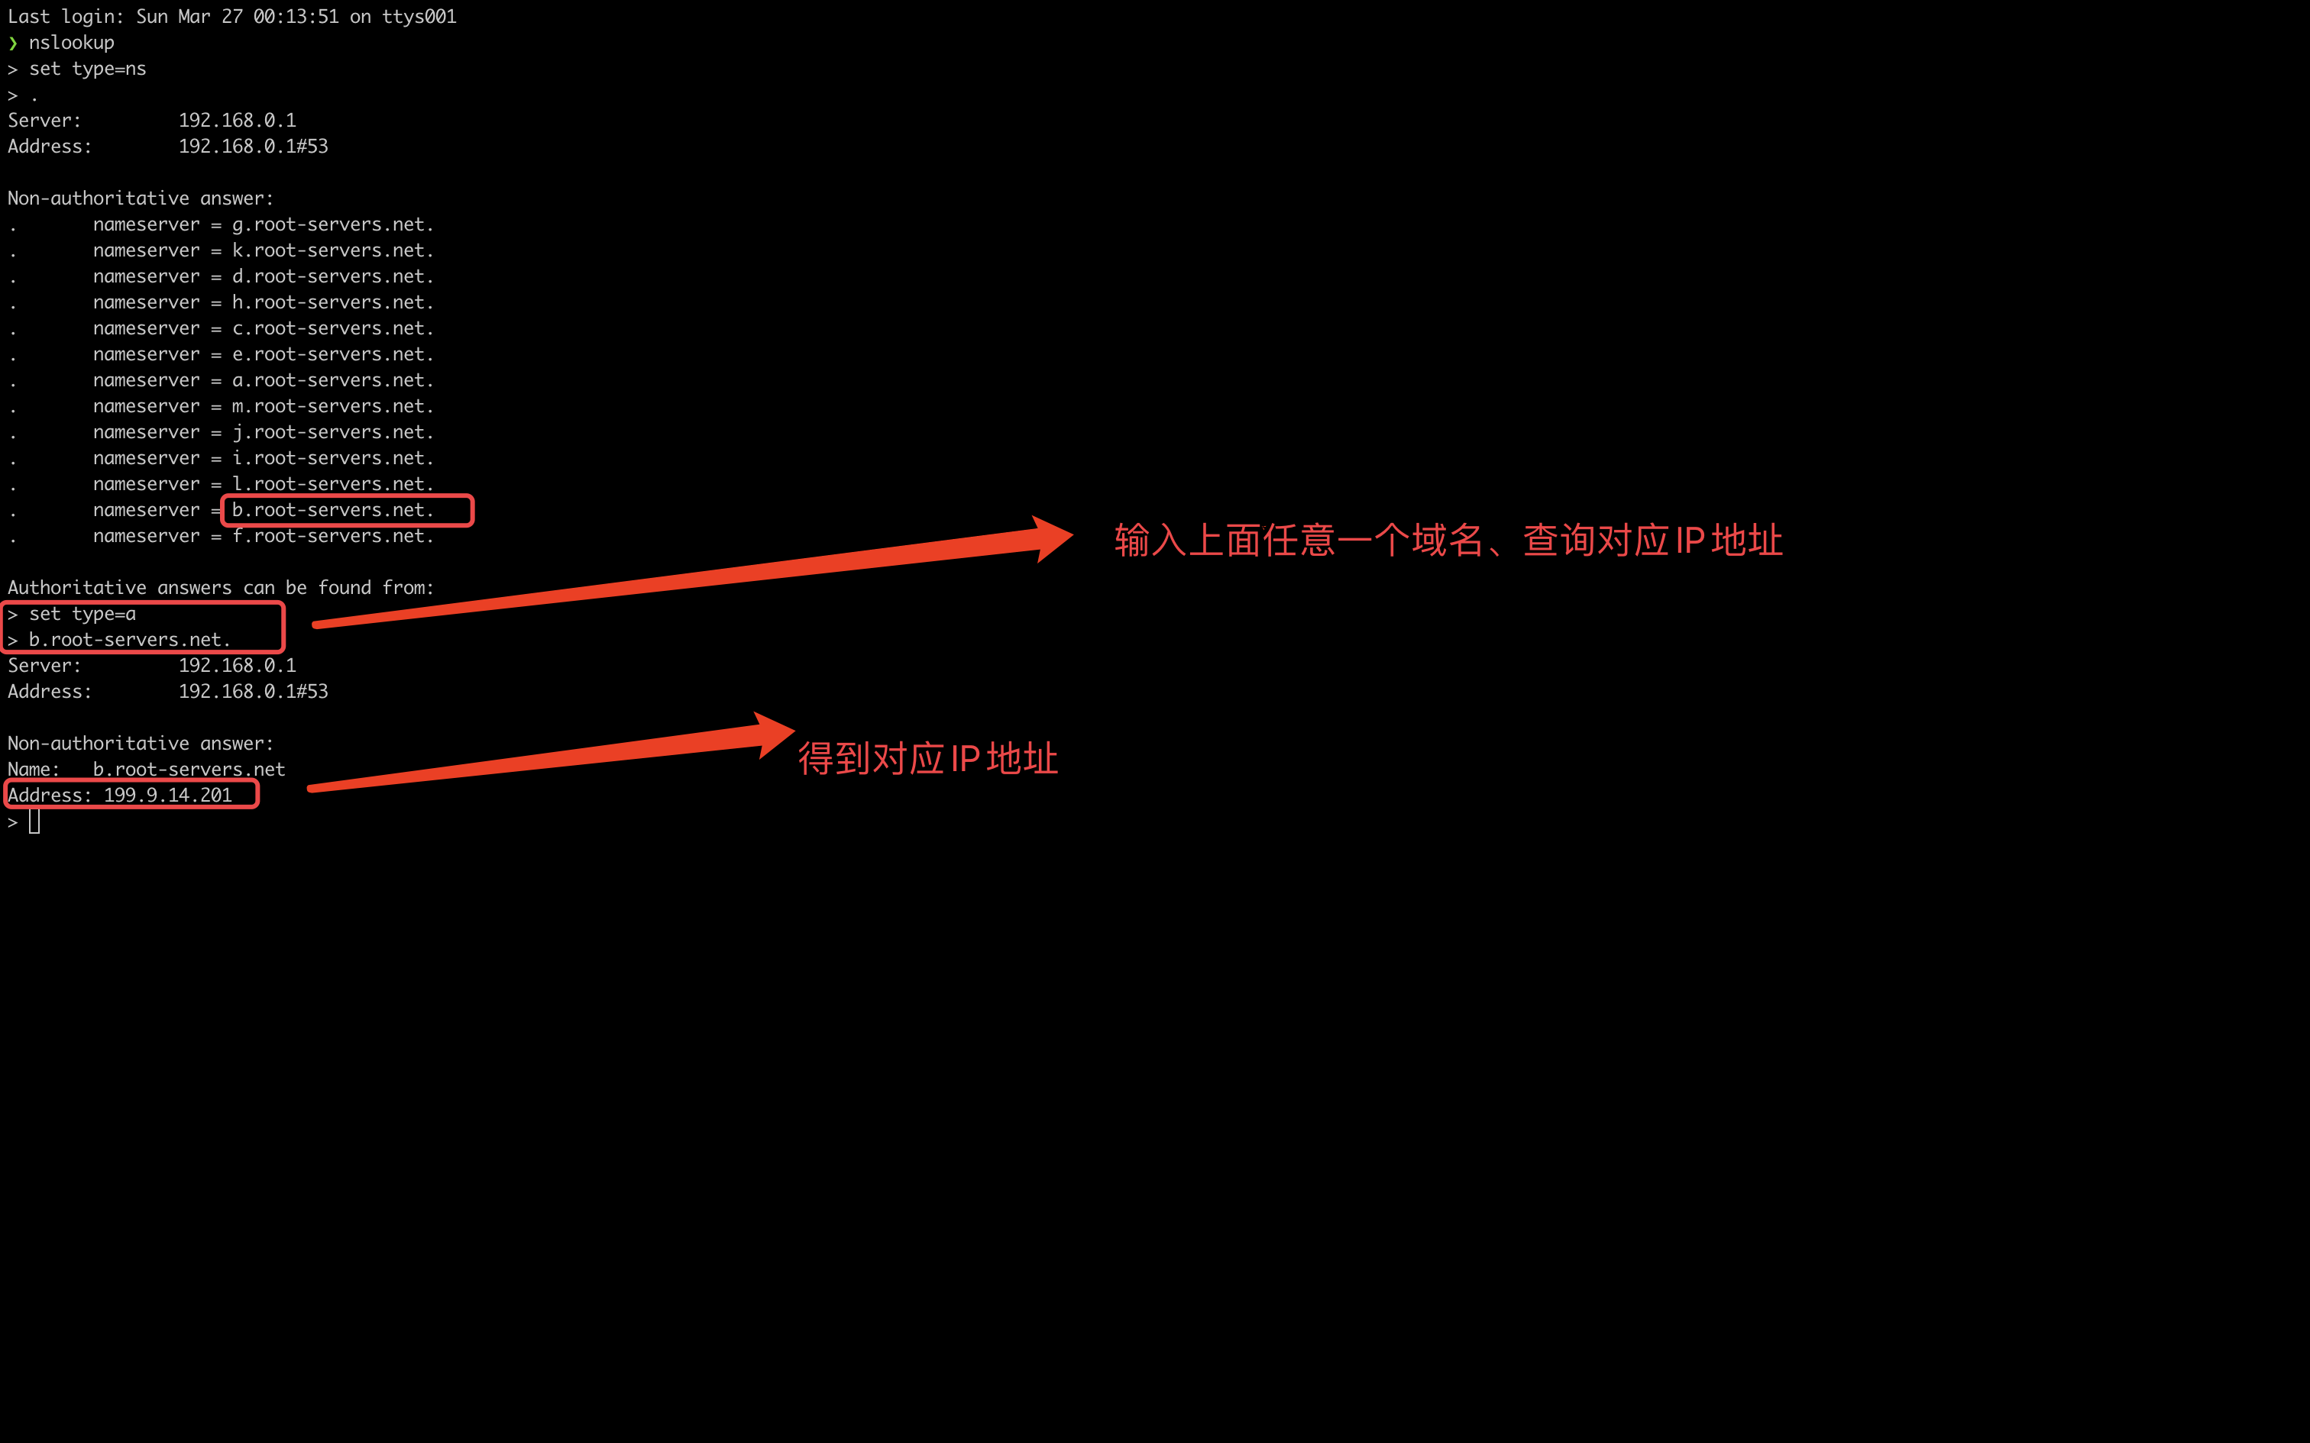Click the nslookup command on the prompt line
coord(72,43)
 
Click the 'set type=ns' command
coord(88,69)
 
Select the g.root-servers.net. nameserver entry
coord(332,224)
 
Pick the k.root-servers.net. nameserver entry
coord(332,250)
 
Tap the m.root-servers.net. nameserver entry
coord(332,406)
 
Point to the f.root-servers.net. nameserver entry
coord(332,536)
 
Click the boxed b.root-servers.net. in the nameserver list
coord(332,511)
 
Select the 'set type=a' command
coord(82,614)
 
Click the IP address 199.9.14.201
coord(168,795)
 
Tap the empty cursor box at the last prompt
coord(34,822)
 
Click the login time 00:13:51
coord(296,16)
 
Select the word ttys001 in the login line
coord(419,16)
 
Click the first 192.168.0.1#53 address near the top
coord(253,146)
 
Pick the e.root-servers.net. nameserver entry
coord(332,354)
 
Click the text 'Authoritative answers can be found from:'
coord(221,588)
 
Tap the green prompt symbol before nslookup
coord(12,43)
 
